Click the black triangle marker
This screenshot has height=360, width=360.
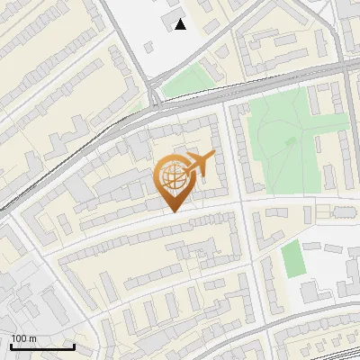pos(181,24)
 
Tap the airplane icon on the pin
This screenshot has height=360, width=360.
pos(200,164)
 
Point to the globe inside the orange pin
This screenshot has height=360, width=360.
pos(174,175)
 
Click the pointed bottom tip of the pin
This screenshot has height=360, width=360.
pos(174,211)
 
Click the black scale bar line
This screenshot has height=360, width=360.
pos(42,346)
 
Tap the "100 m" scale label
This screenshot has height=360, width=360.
pos(24,338)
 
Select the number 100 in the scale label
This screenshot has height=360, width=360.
pos(20,338)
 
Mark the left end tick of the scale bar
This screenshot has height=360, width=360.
pos(11,345)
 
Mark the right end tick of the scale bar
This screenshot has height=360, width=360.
pos(74,345)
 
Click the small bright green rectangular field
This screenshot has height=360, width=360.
pos(292,259)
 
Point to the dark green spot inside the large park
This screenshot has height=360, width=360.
pos(291,141)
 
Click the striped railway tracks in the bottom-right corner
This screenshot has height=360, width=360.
pos(333,346)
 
